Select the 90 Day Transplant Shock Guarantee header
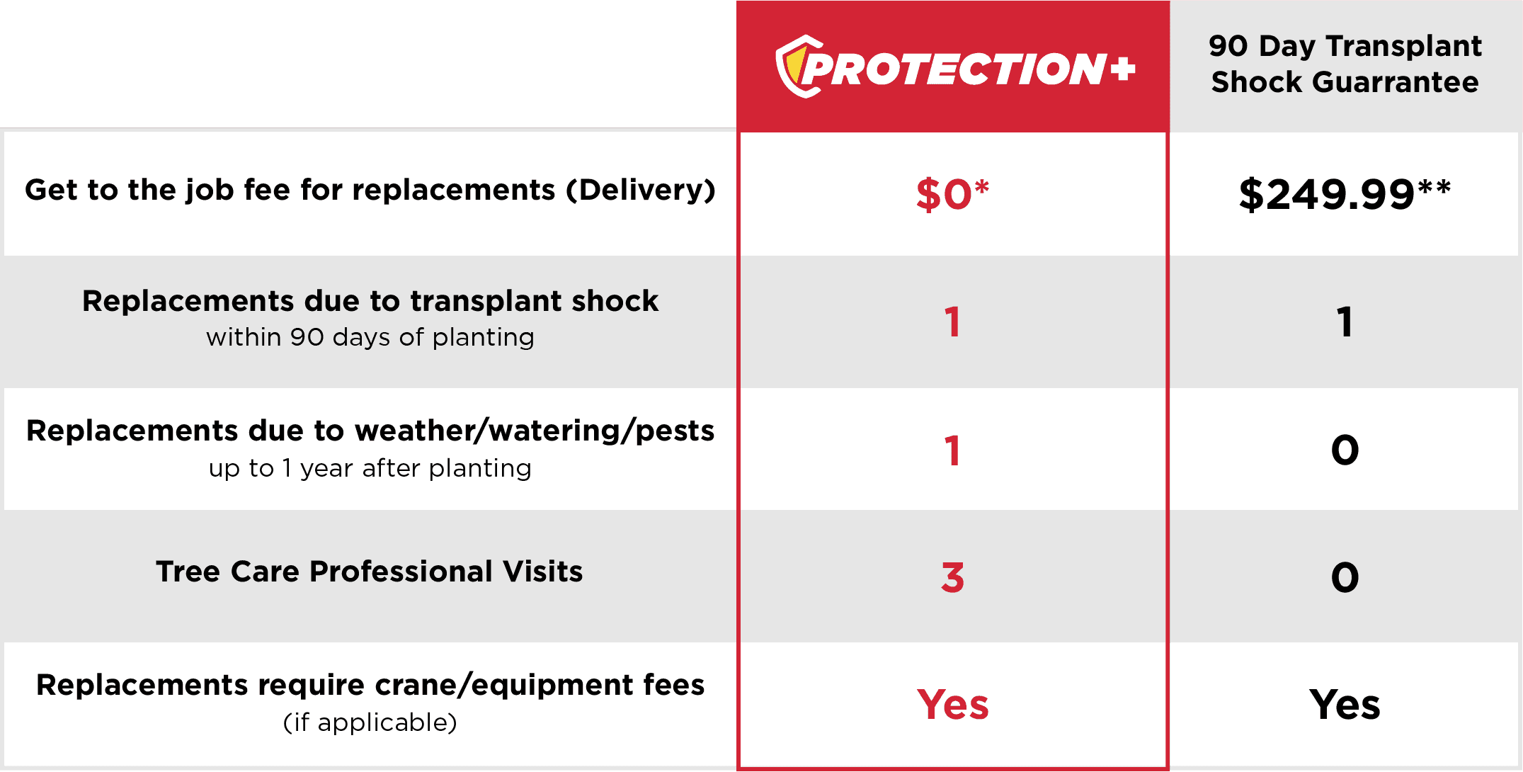point(1345,64)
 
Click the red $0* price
point(952,194)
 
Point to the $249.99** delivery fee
point(1345,194)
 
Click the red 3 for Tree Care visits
point(952,577)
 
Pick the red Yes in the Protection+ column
point(952,705)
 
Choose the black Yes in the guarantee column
point(1345,705)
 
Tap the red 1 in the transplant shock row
point(952,322)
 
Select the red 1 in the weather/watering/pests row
point(952,450)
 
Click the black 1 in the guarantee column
point(1345,322)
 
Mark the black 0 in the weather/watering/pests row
point(1345,450)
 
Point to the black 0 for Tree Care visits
point(1345,577)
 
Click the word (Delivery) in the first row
point(641,190)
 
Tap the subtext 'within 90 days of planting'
point(370,337)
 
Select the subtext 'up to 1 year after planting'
point(370,468)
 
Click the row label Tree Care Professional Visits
point(370,571)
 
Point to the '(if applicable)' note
point(370,722)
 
